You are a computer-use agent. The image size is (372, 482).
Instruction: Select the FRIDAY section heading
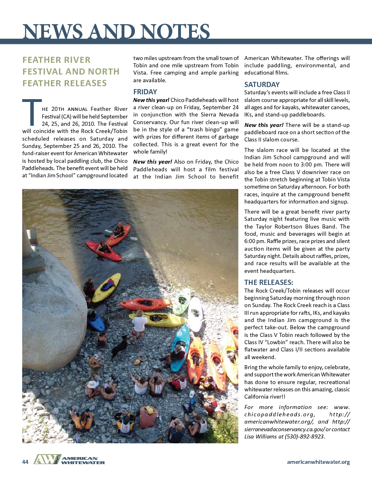click(145, 91)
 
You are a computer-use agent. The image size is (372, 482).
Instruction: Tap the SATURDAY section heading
click(262, 85)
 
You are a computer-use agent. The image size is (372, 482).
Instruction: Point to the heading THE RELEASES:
click(269, 282)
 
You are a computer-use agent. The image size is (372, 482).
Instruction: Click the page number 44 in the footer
click(25, 462)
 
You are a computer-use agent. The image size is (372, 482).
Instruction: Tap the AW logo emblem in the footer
click(46, 459)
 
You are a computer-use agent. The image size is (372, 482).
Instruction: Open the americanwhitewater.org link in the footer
click(318, 462)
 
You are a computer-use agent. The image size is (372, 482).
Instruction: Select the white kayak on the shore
click(195, 314)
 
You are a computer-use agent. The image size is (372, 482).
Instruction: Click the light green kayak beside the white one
click(181, 301)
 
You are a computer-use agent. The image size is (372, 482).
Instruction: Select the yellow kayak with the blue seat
click(106, 287)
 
